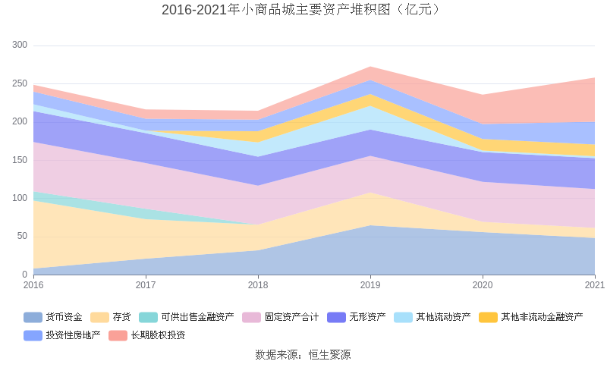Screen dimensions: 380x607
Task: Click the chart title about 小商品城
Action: [303, 10]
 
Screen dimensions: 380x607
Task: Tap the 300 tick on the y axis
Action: [20, 46]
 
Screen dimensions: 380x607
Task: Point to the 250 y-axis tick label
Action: [20, 83]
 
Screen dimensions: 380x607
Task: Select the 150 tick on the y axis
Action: [20, 160]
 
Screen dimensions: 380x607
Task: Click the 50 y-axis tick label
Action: [22, 236]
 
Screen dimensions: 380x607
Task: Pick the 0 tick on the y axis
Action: [24, 275]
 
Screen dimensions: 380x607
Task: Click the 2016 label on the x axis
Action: [33, 286]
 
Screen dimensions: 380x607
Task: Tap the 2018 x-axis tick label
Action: [258, 286]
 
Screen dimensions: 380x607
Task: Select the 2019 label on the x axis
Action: [370, 286]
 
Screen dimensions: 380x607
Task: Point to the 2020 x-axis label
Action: [483, 286]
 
